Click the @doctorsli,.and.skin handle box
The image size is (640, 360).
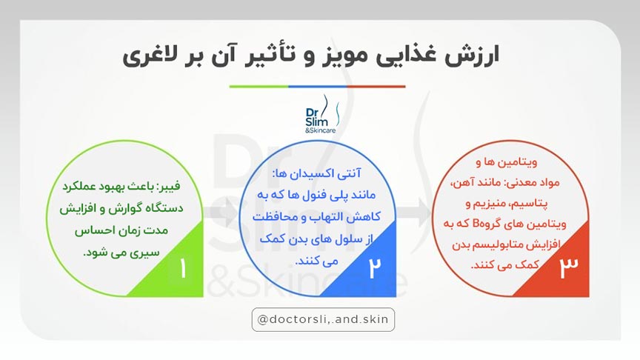(324, 319)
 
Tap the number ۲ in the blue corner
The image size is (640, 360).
(374, 269)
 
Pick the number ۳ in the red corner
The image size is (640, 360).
(569, 268)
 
